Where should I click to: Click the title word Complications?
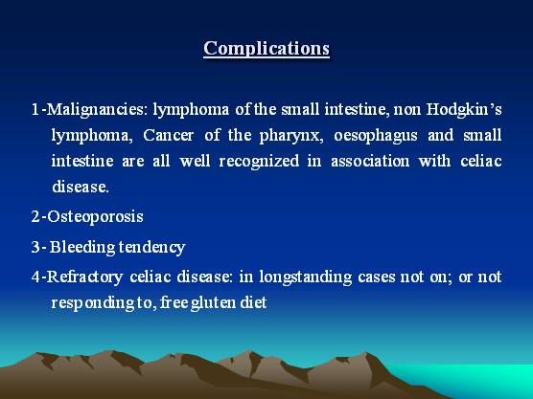click(x=266, y=48)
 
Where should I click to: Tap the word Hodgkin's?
click(x=464, y=109)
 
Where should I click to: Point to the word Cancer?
click(x=169, y=135)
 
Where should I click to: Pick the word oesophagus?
click(x=375, y=136)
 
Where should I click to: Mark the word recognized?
click(x=259, y=162)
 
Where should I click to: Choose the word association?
click(x=370, y=161)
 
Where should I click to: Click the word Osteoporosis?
click(x=95, y=216)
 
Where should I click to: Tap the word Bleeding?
click(x=82, y=247)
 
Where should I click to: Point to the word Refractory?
click(x=84, y=277)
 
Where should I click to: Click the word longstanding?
click(x=306, y=277)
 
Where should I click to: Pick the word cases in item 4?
click(x=377, y=277)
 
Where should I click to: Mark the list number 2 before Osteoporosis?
click(x=35, y=216)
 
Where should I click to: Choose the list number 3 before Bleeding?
click(x=35, y=247)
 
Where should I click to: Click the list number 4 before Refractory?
click(x=35, y=277)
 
